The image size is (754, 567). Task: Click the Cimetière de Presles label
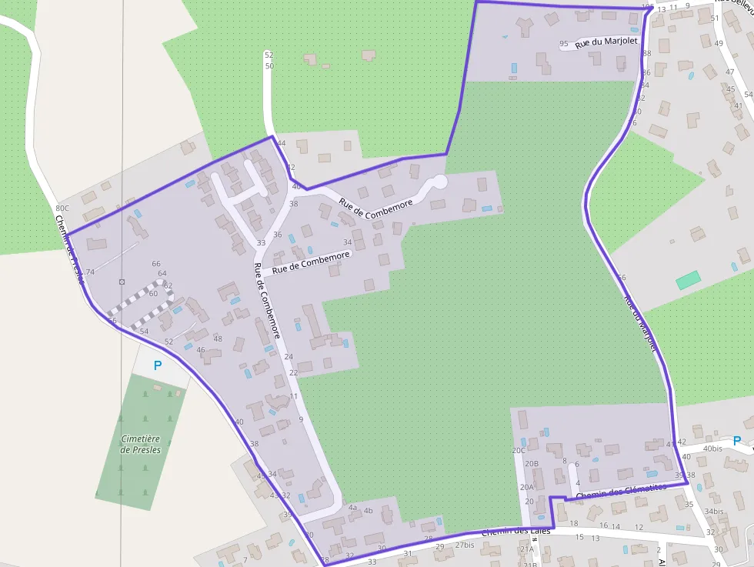click(141, 444)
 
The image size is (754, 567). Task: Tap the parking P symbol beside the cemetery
click(158, 366)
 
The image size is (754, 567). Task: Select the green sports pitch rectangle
click(689, 279)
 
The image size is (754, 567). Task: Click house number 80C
click(62, 208)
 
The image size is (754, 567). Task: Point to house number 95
click(564, 44)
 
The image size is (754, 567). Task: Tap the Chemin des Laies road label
click(516, 532)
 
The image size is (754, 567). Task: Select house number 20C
click(519, 451)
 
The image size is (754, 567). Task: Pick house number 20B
click(531, 464)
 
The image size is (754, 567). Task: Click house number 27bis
click(464, 545)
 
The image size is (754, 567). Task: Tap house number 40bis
click(712, 449)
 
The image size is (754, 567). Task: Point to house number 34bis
click(714, 512)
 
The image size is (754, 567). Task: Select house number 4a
click(352, 508)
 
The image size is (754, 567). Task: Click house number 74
click(89, 272)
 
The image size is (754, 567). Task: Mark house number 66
click(156, 264)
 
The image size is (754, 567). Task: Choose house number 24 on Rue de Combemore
click(289, 357)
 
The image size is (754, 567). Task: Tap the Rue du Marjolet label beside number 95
click(607, 42)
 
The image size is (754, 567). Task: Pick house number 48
click(218, 339)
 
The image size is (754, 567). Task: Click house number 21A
click(526, 549)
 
